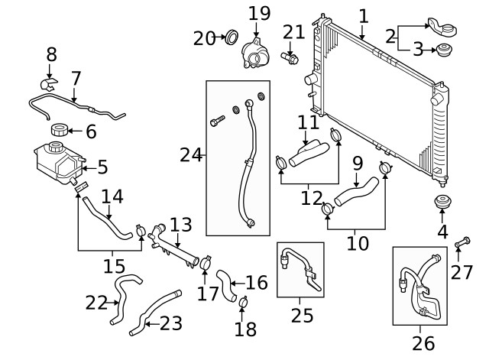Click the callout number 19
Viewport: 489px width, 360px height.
tap(260, 13)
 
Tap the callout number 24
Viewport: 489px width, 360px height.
tap(189, 156)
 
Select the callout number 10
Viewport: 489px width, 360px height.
tap(357, 243)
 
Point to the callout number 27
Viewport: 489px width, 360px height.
tap(462, 271)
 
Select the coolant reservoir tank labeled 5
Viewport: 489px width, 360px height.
tap(54, 164)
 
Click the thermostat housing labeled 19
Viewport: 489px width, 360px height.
tap(256, 54)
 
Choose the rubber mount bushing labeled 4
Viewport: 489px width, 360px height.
tap(442, 205)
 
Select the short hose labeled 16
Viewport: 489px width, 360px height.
tap(227, 284)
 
